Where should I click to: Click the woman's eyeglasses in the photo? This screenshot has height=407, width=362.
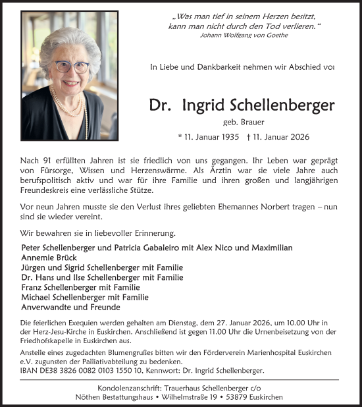point(70,67)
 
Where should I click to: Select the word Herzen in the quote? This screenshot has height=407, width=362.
point(260,14)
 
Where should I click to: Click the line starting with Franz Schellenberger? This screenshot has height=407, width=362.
point(80,287)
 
